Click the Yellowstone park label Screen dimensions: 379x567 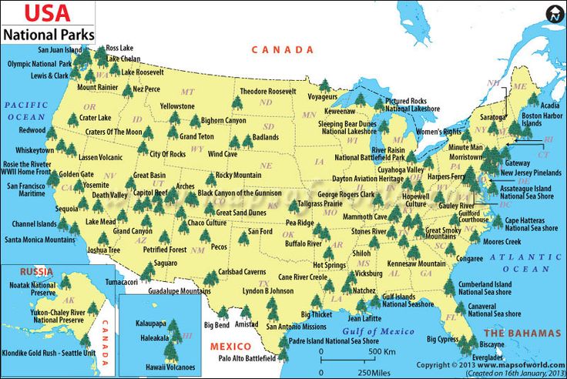tap(176, 106)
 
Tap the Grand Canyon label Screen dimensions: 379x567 tap(133, 231)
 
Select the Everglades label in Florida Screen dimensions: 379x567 tap(488, 357)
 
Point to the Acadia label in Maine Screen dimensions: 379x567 tap(549, 106)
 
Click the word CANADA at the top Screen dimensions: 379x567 tap(283, 49)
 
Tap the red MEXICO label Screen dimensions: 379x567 tap(231, 346)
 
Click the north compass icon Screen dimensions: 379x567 tap(554, 14)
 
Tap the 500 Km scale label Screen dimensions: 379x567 tap(381, 351)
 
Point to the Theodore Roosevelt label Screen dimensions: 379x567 tap(267, 91)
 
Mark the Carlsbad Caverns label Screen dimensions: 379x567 tap(242, 272)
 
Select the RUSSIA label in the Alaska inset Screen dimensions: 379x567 tap(36, 271)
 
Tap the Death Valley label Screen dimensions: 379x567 tap(109, 195)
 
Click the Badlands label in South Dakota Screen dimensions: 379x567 tap(265, 137)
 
